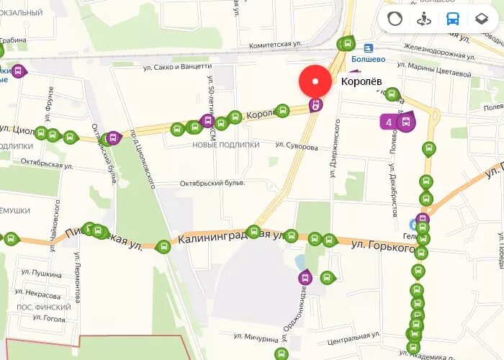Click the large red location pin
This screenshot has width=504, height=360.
pos(315,81)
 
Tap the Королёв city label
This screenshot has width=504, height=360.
pos(361,82)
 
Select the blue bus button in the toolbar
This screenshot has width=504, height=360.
pos(453,19)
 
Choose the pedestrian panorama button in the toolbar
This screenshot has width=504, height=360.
pos(424,19)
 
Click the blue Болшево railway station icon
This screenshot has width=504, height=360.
pos(368,48)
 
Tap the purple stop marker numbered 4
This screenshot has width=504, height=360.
pos(390,122)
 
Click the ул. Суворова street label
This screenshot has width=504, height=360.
pos(296,146)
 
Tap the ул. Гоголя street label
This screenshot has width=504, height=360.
pos(38,319)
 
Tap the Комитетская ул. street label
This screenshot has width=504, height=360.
pos(274,45)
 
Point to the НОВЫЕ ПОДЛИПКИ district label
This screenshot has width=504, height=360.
pos(225,145)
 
